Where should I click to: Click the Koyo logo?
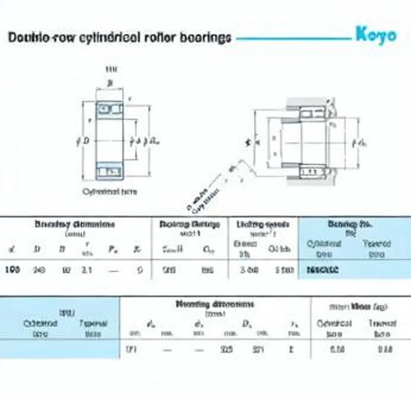point(376,35)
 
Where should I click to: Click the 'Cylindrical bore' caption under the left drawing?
point(110,191)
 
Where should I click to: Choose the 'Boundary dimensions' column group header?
point(75,224)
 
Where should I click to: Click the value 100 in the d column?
point(12,270)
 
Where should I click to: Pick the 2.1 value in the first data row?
point(86,270)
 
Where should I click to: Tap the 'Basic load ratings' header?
point(189,225)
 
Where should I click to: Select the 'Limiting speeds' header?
point(263,225)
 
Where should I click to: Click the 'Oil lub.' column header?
point(279,249)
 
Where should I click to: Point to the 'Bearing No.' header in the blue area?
point(350,224)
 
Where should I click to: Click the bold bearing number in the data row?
point(322,270)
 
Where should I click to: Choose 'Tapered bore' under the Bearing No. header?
point(376,249)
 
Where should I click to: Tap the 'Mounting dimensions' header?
point(215,304)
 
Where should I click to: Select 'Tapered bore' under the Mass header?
point(382,328)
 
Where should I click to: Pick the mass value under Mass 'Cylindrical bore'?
point(337,349)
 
